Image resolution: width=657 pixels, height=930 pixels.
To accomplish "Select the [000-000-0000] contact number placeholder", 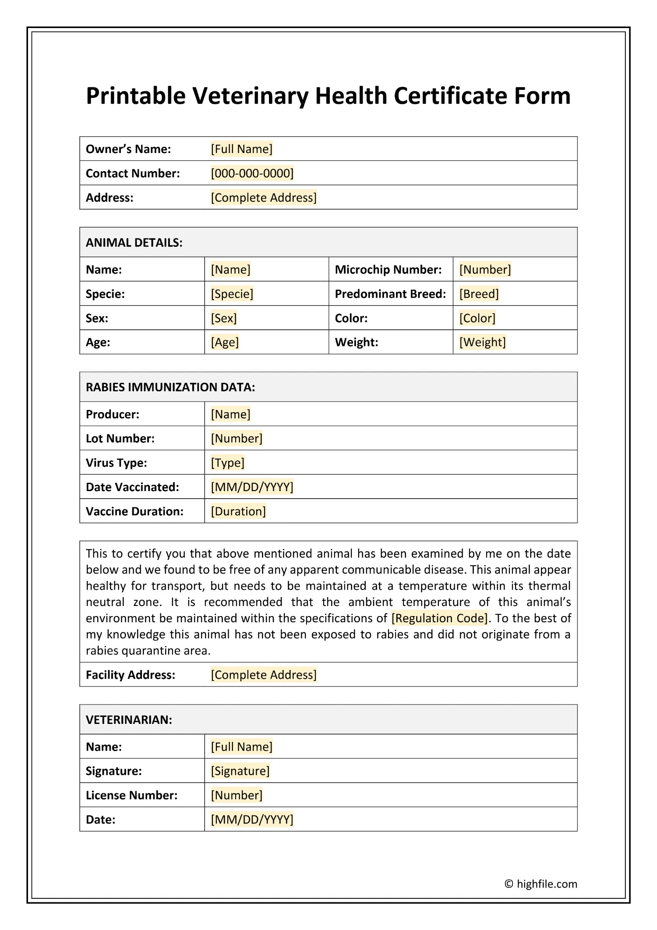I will [252, 173].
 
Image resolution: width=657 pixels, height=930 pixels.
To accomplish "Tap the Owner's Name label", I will [128, 149].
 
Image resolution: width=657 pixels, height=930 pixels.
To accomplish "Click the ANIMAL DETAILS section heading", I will [134, 242].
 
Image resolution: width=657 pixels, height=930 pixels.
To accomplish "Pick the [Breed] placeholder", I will [479, 294].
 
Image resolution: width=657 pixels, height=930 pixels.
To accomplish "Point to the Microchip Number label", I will [388, 270].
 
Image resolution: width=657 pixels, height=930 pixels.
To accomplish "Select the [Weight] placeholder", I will [482, 342].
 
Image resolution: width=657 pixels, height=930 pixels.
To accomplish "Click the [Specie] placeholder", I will [232, 294].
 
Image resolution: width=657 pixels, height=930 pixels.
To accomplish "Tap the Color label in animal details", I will [351, 318].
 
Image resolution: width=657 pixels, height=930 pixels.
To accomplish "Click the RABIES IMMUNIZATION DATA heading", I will [170, 387].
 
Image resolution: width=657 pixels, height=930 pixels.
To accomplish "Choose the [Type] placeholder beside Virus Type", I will [227, 463].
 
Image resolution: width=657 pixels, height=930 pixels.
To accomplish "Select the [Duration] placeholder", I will [238, 511].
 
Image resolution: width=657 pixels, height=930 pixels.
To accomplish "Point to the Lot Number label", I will [120, 438].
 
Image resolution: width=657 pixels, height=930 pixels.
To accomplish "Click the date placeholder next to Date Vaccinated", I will [252, 487].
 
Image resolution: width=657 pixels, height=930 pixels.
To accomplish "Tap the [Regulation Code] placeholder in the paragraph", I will [439, 618].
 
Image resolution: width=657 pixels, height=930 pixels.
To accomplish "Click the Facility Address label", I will [131, 675].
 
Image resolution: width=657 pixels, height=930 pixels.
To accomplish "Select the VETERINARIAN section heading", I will [129, 720].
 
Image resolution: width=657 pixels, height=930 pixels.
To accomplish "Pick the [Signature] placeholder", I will [240, 771].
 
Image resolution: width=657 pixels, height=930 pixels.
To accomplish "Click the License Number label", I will [131, 795].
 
